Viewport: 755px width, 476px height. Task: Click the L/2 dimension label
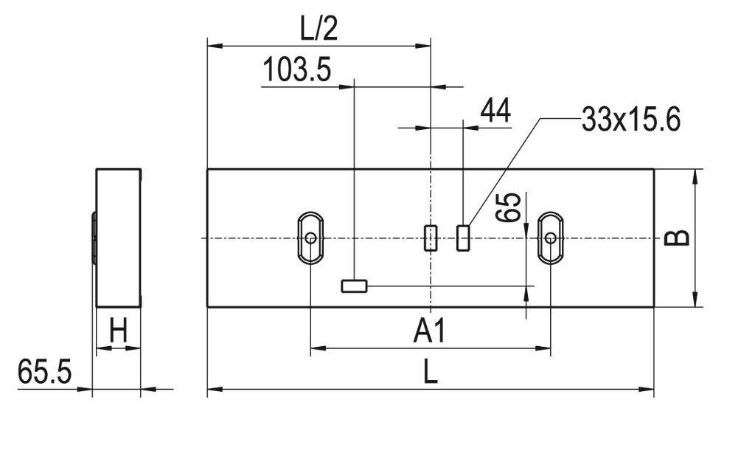[x=319, y=29]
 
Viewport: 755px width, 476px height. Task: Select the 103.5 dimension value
[x=297, y=71]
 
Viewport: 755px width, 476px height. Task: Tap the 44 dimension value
[x=495, y=111]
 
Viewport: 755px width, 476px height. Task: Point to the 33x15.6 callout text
[x=630, y=120]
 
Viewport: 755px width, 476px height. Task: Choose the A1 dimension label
[x=429, y=332]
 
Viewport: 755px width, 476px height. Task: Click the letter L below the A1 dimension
[x=431, y=372]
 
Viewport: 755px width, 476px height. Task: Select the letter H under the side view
[x=118, y=332]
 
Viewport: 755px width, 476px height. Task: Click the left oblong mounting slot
[x=311, y=238]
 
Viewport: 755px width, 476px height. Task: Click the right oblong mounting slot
[x=551, y=238]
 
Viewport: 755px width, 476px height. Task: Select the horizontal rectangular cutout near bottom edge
[x=354, y=286]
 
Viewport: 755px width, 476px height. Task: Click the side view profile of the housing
[x=118, y=238]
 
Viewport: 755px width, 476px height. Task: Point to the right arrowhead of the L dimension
[x=648, y=388]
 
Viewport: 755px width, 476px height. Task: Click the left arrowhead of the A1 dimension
[x=316, y=348]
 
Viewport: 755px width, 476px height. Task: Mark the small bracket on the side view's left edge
[x=94, y=238]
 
